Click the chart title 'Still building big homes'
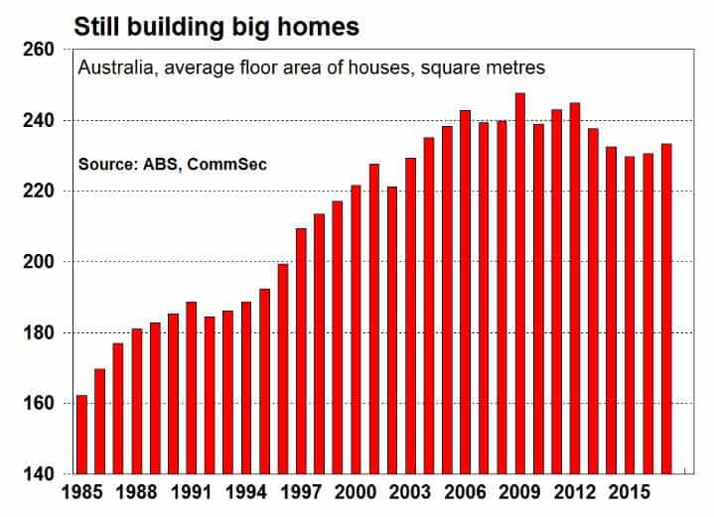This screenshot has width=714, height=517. pos(216,27)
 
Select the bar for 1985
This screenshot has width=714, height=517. pos(82,435)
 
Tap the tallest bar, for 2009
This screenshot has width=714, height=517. pos(520,284)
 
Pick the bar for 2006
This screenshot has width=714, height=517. pos(465,292)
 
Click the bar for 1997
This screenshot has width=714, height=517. pos(301,351)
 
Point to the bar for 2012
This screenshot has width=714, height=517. pos(575,289)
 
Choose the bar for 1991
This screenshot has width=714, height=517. pos(192,388)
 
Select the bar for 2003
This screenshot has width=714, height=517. pos(410,316)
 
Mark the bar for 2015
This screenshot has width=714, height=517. pos(630,316)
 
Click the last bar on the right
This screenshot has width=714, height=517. pos(666,309)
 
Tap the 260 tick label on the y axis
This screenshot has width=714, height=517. pos(39,50)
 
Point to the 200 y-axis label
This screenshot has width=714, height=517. pos(39,262)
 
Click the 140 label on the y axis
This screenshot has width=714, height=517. pos(39,474)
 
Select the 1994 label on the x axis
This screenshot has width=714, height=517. pos(246,492)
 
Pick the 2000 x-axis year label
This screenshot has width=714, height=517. pos(356,492)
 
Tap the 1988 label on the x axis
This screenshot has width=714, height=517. pos(137,492)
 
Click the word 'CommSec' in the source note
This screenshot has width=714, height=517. pos(226,164)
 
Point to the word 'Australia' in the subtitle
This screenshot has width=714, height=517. pos(118,67)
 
